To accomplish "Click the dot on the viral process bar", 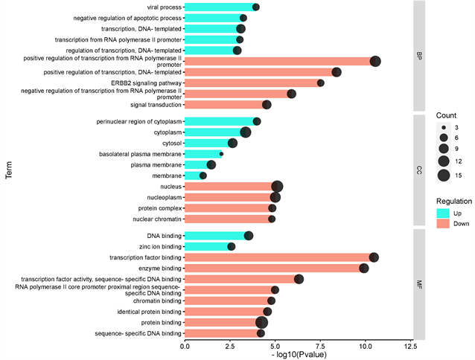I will (x=255, y=7).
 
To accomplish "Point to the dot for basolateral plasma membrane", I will (x=221, y=154).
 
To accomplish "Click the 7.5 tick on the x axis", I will (x=319, y=346).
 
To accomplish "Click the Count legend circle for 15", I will (x=444, y=176).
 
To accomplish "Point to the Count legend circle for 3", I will (x=444, y=127).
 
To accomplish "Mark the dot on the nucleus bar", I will (x=277, y=187).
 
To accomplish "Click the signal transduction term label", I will (x=153, y=105).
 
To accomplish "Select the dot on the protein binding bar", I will (x=261, y=322).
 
